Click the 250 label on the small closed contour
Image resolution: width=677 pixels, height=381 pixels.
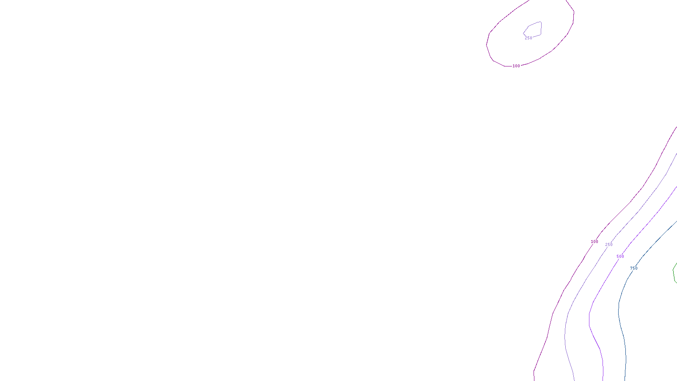[x=528, y=38]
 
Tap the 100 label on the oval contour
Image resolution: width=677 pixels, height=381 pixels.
[x=516, y=66]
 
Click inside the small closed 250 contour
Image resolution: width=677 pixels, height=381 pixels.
[x=534, y=29]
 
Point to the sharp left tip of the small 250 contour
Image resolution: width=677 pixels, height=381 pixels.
[x=524, y=33]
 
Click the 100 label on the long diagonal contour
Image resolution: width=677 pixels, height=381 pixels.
[x=594, y=242]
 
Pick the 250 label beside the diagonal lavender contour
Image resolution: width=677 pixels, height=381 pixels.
[x=609, y=245]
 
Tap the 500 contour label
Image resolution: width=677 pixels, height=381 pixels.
[x=620, y=257]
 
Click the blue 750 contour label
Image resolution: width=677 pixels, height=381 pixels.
[x=633, y=268]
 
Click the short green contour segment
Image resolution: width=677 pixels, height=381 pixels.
[x=674, y=273]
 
